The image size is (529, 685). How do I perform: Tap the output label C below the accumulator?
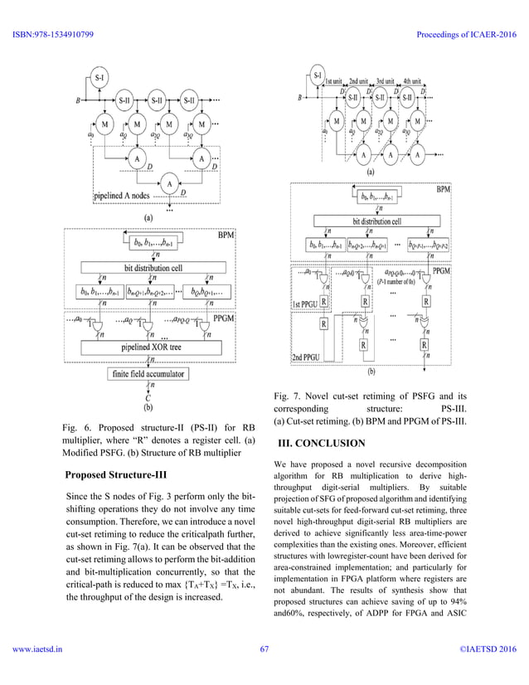point(148,397)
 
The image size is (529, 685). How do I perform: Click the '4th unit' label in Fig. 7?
point(413,81)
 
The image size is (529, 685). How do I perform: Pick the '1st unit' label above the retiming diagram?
point(334,81)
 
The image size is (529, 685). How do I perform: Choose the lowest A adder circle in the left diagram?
point(169,183)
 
